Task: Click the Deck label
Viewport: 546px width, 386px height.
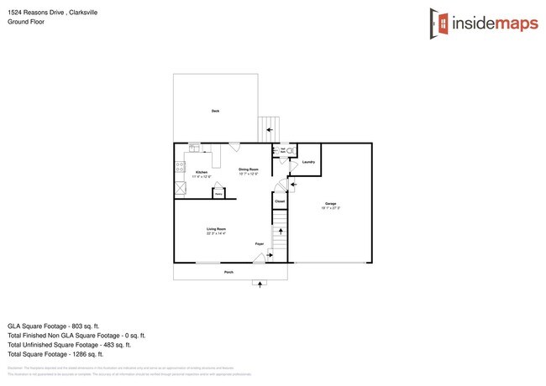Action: pyautogui.click(x=216, y=111)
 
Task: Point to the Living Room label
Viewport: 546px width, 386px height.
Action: pyautogui.click(x=218, y=229)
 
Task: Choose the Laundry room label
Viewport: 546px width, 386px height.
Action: pyautogui.click(x=308, y=162)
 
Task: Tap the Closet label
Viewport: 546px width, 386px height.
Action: pyautogui.click(x=280, y=201)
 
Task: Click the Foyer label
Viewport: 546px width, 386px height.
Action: pyautogui.click(x=260, y=244)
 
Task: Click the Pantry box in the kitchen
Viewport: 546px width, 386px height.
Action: pyautogui.click(x=218, y=192)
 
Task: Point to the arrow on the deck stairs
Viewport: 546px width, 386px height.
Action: pyautogui.click(x=270, y=130)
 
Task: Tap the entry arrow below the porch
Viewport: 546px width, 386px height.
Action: pyautogui.click(x=260, y=284)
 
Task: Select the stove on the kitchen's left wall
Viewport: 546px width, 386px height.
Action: pyautogui.click(x=179, y=169)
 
